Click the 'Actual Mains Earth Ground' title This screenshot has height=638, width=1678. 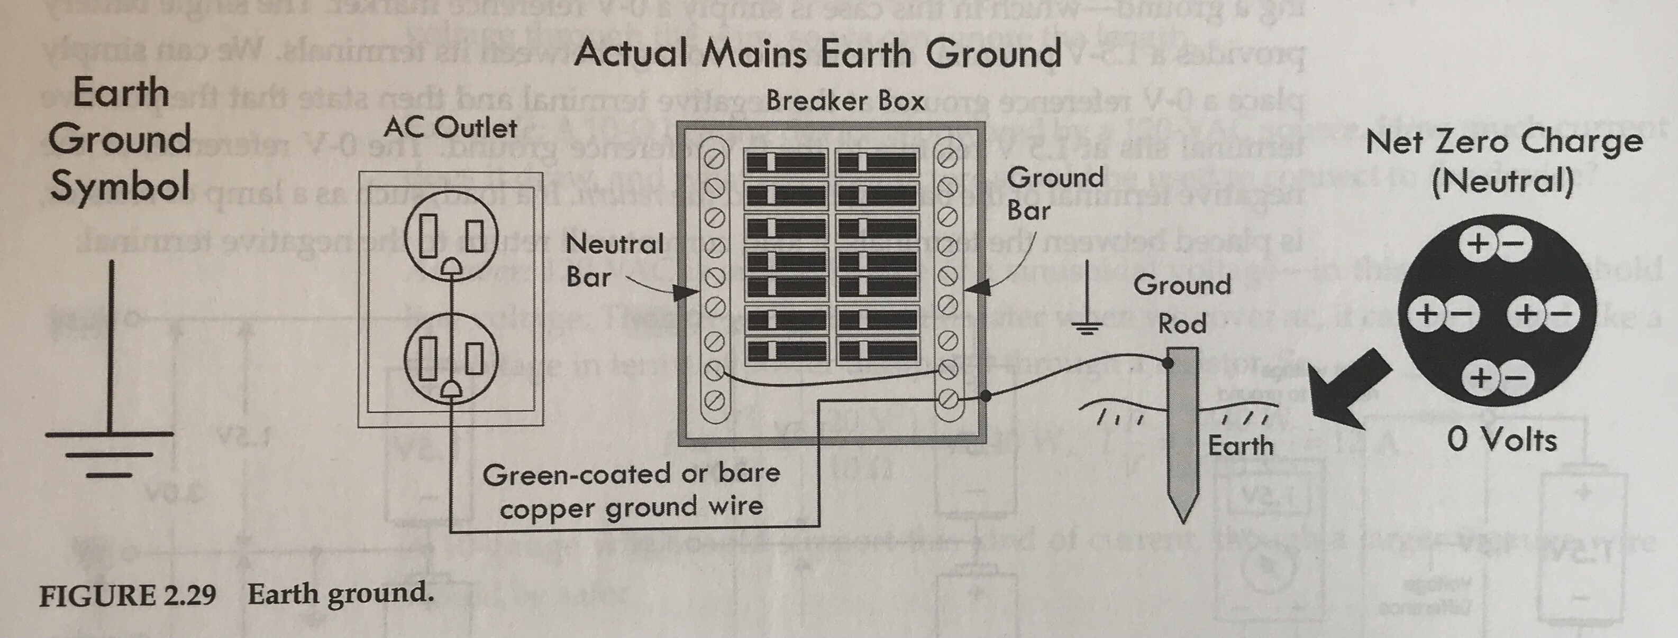[x=817, y=53]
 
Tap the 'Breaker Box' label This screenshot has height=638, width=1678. [x=845, y=101]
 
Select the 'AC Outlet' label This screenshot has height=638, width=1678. [x=450, y=127]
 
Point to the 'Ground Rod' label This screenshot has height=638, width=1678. [x=1182, y=304]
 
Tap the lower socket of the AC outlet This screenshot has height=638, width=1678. [x=451, y=359]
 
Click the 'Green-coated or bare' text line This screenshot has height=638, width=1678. [x=631, y=474]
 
